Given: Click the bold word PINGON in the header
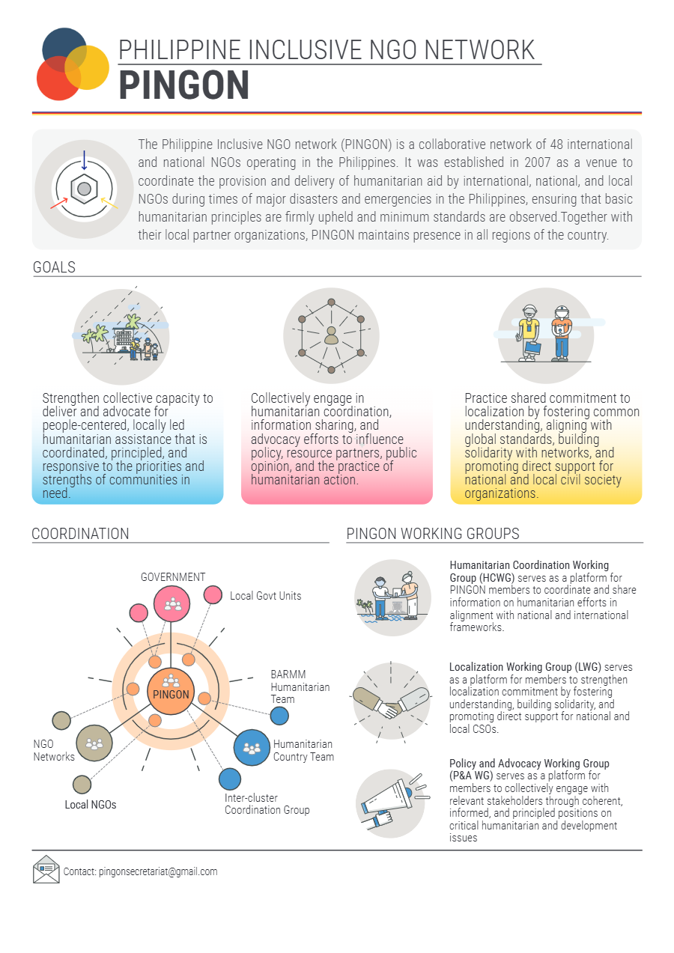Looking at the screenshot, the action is (x=183, y=85).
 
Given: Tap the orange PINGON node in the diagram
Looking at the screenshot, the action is (x=171, y=691).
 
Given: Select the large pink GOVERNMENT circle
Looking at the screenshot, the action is (x=172, y=603).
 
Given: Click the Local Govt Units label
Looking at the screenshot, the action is (x=266, y=596).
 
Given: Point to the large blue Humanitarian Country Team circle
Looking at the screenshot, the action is (x=252, y=748).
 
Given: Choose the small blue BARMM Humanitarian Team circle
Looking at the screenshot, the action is (x=279, y=716).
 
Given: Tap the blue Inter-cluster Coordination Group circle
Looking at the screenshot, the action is (x=230, y=779).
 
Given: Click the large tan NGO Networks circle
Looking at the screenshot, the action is (x=94, y=743).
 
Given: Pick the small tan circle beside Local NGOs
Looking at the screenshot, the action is (x=82, y=785).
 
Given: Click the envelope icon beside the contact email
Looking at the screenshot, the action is (x=46, y=869).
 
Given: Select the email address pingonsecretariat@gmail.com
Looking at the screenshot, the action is (x=158, y=871).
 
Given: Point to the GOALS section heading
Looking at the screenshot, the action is (x=54, y=267).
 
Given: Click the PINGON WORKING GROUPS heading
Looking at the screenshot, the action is (x=433, y=534).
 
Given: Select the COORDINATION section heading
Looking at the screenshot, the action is (x=80, y=534).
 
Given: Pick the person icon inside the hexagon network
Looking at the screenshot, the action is (x=331, y=335).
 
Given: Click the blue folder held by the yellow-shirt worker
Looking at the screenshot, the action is (x=532, y=347).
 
